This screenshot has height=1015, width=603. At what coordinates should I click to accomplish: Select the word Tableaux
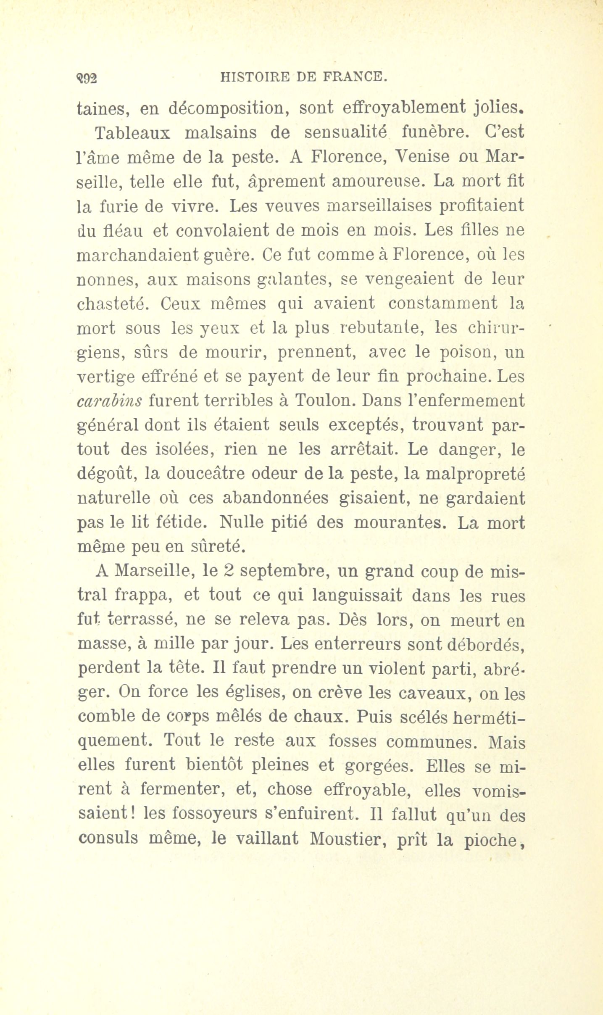[132, 133]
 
